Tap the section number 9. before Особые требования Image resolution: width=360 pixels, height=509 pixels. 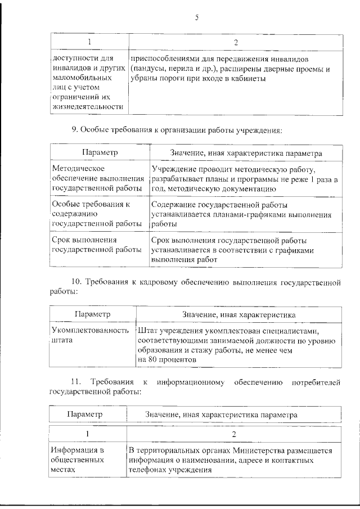75,130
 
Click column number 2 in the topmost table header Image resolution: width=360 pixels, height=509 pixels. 236,42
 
